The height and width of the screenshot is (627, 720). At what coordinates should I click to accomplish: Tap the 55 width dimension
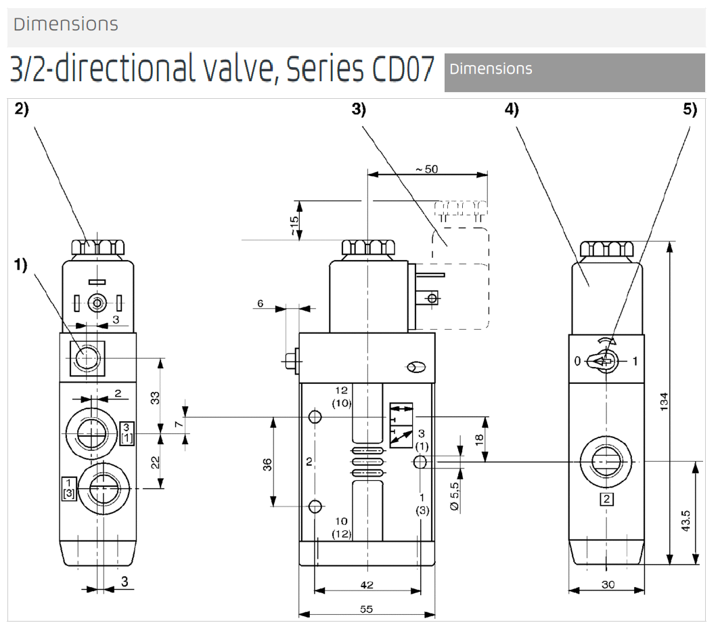pos(366,609)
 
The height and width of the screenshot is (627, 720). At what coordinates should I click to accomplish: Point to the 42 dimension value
pos(366,584)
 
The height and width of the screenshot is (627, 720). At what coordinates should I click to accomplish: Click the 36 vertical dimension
pos(267,464)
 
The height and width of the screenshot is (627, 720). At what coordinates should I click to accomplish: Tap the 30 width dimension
pos(606,584)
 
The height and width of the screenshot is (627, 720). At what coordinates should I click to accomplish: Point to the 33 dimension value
pos(154,397)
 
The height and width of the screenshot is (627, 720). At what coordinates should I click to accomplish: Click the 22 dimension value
pos(154,462)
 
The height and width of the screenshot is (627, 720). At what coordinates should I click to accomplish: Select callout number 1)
pos(22,265)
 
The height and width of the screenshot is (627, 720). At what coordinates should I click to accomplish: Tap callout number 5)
pos(690,110)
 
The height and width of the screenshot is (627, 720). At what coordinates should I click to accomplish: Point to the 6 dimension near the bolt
pos(260,304)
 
